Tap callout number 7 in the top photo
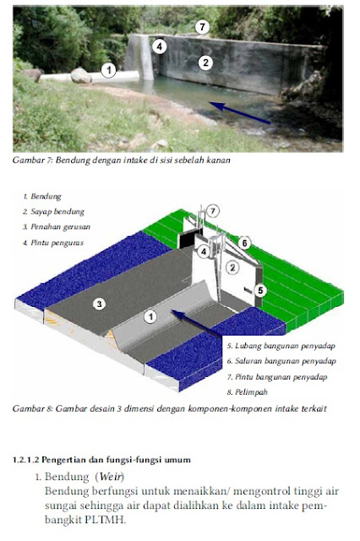(x=201, y=27)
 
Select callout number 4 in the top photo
(x=160, y=46)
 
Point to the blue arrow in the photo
(x=240, y=114)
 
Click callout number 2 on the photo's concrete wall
(x=205, y=61)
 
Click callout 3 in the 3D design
(x=99, y=303)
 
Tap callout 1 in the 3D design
(x=150, y=317)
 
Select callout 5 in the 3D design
(x=260, y=290)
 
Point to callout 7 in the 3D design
(x=214, y=210)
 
